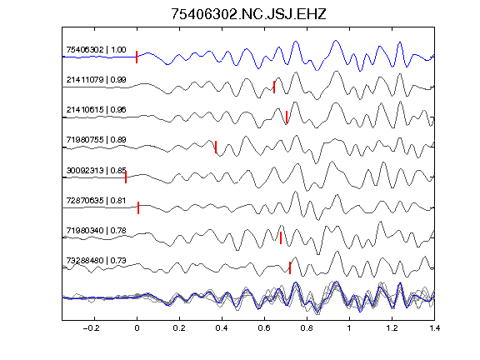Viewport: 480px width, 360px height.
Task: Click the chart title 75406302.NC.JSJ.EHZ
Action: point(248,14)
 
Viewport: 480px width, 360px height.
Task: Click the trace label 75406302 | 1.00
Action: point(96,50)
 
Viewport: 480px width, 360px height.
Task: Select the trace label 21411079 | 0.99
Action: point(96,80)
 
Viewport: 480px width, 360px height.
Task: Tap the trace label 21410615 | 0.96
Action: point(96,110)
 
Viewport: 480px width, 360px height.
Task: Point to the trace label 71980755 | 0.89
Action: point(96,140)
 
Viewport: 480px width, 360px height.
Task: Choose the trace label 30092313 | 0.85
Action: point(96,170)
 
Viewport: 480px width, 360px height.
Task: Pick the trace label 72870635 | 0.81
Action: point(96,201)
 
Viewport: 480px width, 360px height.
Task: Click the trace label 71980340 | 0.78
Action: point(96,230)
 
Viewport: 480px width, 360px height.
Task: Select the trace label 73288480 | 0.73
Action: point(96,261)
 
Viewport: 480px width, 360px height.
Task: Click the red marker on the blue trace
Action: point(137,57)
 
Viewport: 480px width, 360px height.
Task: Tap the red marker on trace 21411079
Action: point(274,87)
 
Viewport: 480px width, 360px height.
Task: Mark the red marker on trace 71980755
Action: point(216,147)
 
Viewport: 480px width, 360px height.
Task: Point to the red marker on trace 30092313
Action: point(126,177)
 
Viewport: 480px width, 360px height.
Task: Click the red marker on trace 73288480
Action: point(290,267)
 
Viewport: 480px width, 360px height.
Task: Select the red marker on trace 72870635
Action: point(138,207)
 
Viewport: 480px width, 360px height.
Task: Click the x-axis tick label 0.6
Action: point(264,328)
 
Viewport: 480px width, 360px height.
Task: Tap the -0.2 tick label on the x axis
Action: point(91,328)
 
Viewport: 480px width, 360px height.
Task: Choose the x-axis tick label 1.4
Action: point(434,328)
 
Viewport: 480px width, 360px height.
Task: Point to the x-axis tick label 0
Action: point(137,328)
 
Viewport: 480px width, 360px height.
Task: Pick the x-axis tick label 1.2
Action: point(392,328)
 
